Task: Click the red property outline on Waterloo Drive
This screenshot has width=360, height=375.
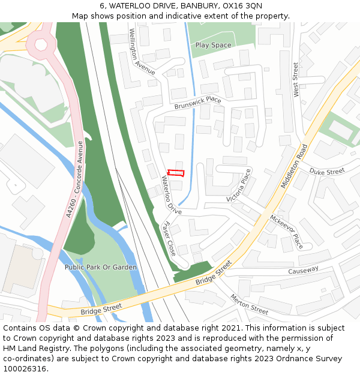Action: point(175,173)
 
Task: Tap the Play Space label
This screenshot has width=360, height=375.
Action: point(213,45)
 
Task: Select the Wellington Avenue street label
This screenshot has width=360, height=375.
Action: point(142,52)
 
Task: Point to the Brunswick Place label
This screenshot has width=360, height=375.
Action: point(197,103)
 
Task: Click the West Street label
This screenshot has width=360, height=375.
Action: point(295,79)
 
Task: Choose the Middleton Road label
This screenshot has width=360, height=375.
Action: point(294,166)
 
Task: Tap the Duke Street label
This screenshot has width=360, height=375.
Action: point(327,172)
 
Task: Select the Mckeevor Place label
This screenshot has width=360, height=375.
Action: point(286,232)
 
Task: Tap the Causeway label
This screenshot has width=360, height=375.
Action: point(303,271)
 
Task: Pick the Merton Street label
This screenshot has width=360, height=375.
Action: point(249,304)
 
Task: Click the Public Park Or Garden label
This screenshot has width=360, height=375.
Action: point(101,267)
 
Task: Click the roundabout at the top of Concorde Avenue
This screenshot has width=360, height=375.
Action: point(41,44)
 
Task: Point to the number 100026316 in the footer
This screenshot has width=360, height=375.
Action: point(25,368)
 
